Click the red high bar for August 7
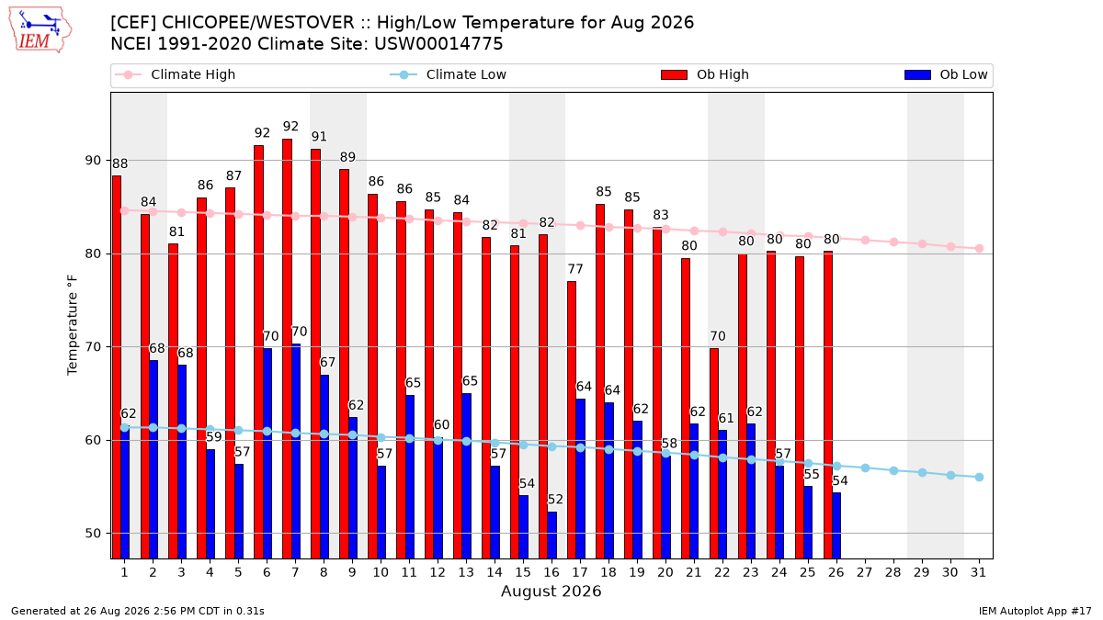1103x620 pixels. (x=287, y=349)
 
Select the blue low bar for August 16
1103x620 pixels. (x=552, y=535)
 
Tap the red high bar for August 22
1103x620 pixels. (x=714, y=454)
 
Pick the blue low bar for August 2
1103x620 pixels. (x=154, y=459)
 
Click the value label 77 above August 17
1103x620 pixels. (x=575, y=269)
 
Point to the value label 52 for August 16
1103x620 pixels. (x=555, y=500)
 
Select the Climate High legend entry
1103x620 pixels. (x=176, y=74)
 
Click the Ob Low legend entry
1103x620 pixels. (x=946, y=74)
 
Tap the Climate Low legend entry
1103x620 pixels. (x=449, y=74)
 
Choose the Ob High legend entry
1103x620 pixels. (x=705, y=74)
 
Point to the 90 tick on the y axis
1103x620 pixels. (x=93, y=161)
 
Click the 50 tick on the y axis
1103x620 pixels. (x=93, y=534)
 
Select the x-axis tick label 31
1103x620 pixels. (x=978, y=572)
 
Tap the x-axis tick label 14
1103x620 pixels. (x=495, y=572)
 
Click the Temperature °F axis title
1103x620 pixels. (x=73, y=325)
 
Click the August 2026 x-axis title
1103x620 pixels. (x=551, y=591)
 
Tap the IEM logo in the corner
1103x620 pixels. (x=40, y=30)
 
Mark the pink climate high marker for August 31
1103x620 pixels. (x=980, y=249)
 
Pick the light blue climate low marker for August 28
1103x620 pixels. (x=893, y=471)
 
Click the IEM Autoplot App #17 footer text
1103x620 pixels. (x=1035, y=611)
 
